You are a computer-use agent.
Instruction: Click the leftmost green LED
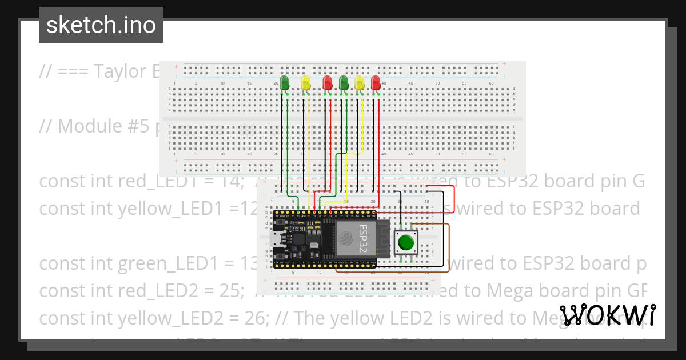click(x=284, y=82)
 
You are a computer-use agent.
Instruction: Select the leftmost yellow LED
click(x=305, y=83)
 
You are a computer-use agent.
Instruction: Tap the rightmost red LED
click(x=376, y=83)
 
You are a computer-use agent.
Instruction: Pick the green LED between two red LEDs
click(x=344, y=83)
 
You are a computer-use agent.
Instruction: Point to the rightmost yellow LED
click(x=360, y=83)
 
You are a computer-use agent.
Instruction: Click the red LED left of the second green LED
click(x=328, y=83)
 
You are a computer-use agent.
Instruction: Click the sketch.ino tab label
click(x=101, y=25)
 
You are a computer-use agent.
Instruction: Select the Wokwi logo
click(x=608, y=315)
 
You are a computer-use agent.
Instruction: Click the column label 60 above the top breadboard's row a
click(x=491, y=83)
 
